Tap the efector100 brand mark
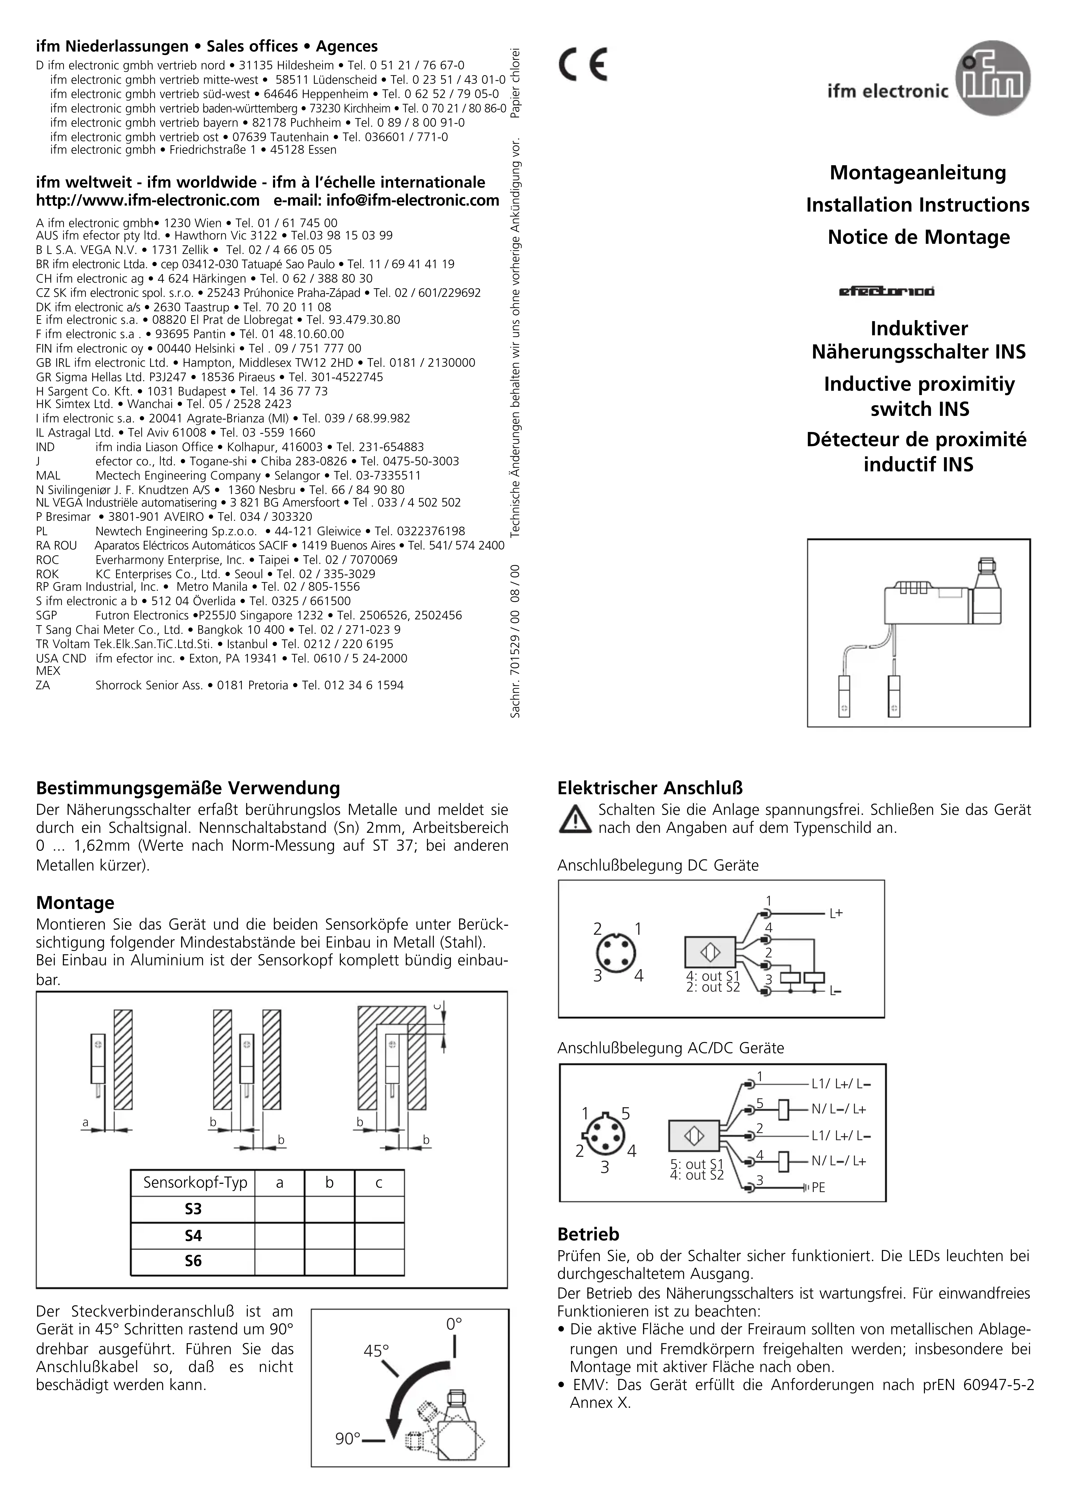(x=887, y=291)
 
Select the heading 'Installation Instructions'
(x=917, y=205)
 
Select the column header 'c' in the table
(x=379, y=1183)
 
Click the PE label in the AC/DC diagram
(x=818, y=1188)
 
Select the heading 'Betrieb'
(x=588, y=1234)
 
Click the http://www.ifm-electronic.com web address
(x=148, y=201)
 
